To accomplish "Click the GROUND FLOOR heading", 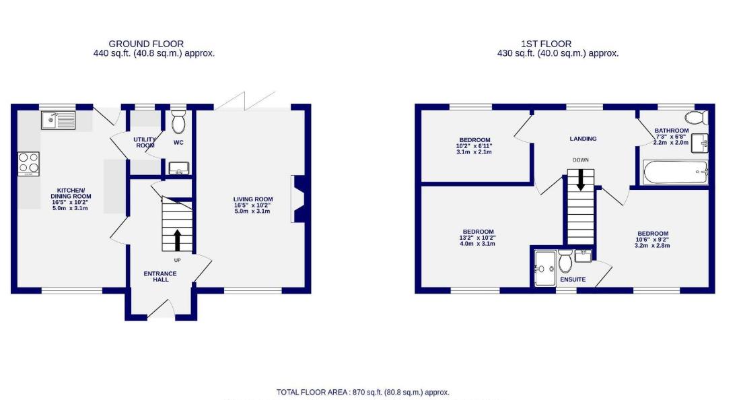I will [146, 44].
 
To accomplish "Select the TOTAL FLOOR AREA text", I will [363, 392].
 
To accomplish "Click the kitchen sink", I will [59, 121].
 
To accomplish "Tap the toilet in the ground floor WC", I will [178, 123].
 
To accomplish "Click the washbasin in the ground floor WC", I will [178, 168].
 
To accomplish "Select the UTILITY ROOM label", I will [146, 142].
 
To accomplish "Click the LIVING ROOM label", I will [253, 199].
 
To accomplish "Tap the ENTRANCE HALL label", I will [160, 276].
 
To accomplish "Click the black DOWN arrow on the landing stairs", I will [579, 180].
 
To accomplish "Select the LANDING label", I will [583, 139].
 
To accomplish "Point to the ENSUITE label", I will [572, 279].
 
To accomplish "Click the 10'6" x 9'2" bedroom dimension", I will [651, 240].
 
